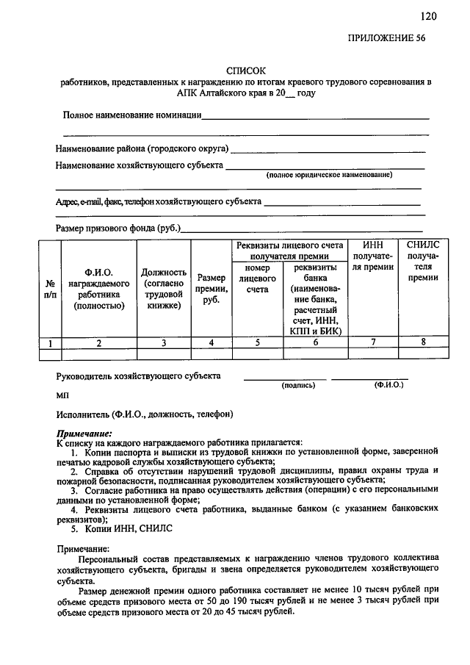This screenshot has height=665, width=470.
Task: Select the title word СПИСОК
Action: click(x=245, y=71)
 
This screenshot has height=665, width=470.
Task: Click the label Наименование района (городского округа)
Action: click(x=142, y=148)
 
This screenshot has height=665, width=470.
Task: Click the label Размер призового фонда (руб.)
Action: click(x=117, y=229)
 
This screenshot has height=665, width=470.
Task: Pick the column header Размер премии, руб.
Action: click(x=211, y=289)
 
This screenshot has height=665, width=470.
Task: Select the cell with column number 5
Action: click(x=257, y=342)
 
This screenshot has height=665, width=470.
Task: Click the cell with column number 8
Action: click(x=423, y=342)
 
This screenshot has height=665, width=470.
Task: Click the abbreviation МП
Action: click(x=62, y=395)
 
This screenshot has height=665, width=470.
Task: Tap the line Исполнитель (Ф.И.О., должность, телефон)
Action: click(x=145, y=414)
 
